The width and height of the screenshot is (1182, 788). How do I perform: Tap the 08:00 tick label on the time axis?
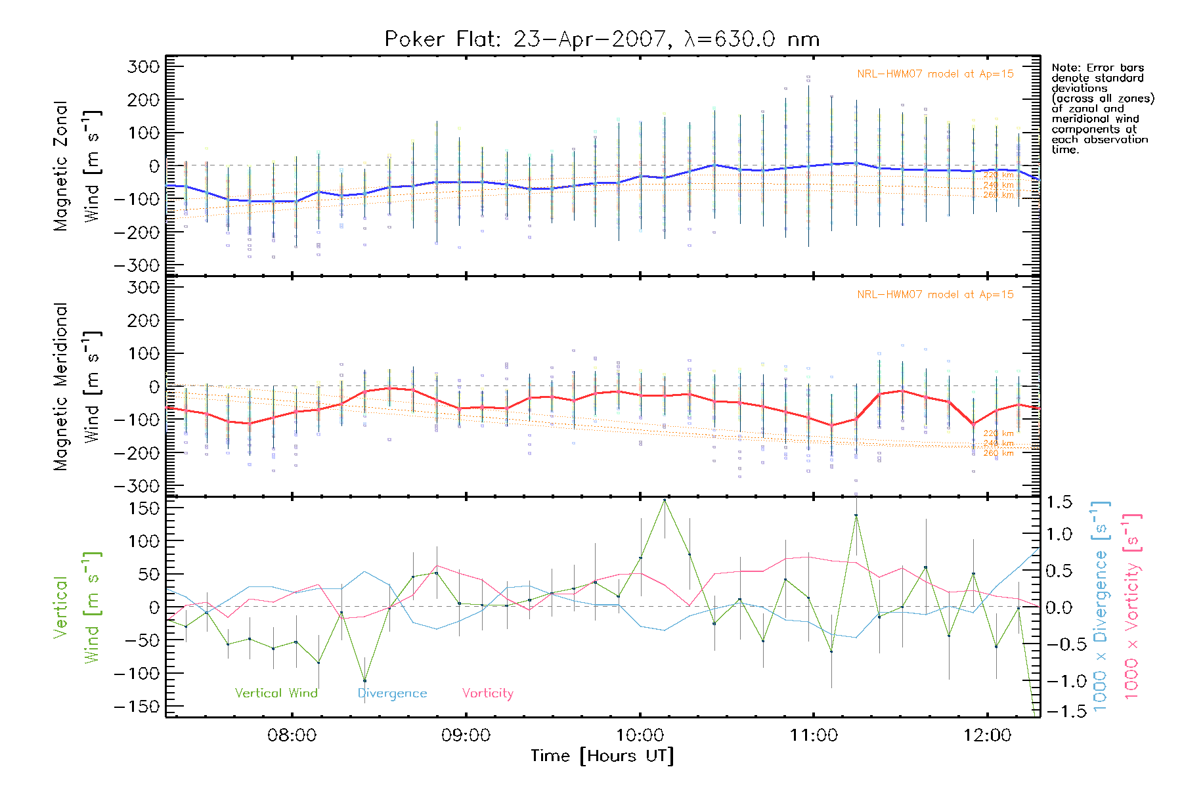(292, 735)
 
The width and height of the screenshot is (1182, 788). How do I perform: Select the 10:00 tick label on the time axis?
(640, 735)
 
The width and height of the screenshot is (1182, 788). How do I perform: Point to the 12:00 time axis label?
(987, 735)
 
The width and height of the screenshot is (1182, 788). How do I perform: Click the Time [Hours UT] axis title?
(602, 756)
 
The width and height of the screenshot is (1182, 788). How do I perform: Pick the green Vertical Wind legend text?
(276, 693)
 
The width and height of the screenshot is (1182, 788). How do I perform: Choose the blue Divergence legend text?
(392, 693)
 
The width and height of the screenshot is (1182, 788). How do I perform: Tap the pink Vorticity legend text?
(487, 693)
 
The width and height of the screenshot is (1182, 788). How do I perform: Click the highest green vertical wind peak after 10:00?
(665, 500)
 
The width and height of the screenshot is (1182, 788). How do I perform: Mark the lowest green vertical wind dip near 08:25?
(364, 680)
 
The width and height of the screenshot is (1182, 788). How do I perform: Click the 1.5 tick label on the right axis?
(1059, 502)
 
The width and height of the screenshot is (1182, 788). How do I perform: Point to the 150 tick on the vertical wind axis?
(144, 508)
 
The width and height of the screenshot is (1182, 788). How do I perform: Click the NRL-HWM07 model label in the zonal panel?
(935, 74)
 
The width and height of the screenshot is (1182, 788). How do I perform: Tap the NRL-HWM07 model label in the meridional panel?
(935, 295)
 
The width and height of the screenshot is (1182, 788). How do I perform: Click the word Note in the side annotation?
(1064, 68)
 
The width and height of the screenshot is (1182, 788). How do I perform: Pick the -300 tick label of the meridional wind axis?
(138, 486)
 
